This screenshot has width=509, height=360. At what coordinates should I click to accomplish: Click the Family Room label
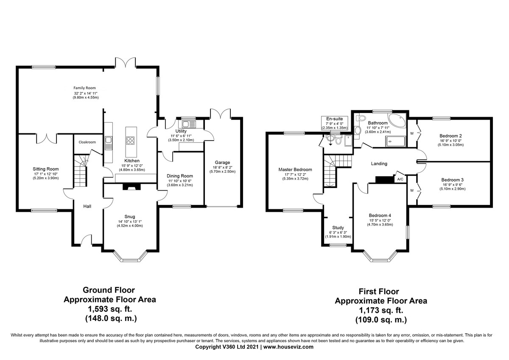coord(84,88)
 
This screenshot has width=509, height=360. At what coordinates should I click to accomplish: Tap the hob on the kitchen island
coord(131,141)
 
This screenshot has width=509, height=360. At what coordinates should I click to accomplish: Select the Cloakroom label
coord(87,142)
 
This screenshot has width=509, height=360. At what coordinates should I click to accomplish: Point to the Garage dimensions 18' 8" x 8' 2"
coord(222,167)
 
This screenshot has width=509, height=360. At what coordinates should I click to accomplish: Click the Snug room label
coord(130,217)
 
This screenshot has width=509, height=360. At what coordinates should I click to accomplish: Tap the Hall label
coord(87,206)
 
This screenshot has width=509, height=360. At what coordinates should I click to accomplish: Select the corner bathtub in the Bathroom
coord(397,121)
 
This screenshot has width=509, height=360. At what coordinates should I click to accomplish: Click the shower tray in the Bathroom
coord(395,141)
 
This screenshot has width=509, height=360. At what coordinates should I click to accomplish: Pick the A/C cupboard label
coord(400,179)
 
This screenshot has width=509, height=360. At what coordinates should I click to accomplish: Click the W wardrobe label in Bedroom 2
coord(412,133)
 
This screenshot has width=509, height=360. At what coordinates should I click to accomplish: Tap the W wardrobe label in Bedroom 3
coord(412,190)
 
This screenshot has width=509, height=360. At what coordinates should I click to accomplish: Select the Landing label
coord(379,163)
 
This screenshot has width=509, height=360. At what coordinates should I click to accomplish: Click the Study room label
coord(338,228)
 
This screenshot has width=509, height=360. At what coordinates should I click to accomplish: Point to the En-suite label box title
coord(335,119)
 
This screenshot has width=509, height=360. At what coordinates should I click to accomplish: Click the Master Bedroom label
coord(295,169)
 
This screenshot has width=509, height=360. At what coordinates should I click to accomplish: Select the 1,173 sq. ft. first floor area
coord(381,310)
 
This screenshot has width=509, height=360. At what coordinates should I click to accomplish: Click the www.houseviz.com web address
coord(288,347)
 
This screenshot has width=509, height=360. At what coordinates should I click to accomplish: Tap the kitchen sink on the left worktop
coord(109,143)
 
